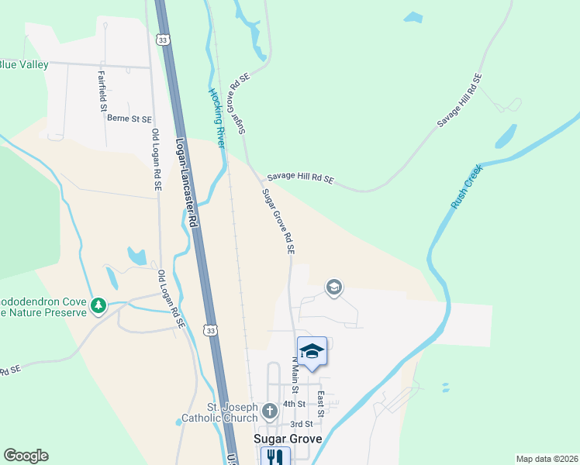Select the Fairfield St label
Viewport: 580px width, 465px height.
[x=102, y=91]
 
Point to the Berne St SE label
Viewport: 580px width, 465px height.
[x=129, y=119]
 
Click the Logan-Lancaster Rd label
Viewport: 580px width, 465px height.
[x=188, y=183]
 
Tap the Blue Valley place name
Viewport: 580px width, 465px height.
[x=23, y=64]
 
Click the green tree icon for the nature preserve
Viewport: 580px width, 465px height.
[x=98, y=306]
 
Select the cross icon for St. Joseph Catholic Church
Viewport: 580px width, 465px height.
[x=269, y=410]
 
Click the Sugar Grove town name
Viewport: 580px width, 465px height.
[x=288, y=439]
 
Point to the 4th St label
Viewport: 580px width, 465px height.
[x=294, y=404]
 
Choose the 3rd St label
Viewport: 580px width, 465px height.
[x=301, y=424]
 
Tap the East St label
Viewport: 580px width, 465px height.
[x=320, y=403]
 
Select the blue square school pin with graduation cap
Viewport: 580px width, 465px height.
[x=312, y=353]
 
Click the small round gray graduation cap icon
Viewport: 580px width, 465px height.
[x=334, y=288]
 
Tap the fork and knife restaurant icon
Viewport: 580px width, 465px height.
[x=274, y=457]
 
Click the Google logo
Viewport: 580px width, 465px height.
[x=26, y=456]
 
